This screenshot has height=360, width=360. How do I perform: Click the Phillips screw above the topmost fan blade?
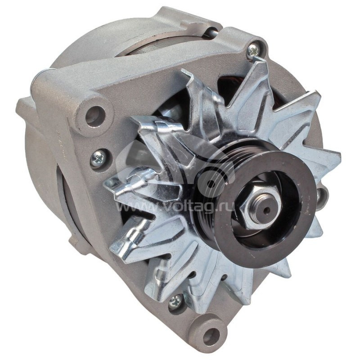253,50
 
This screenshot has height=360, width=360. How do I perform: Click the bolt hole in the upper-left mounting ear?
95,115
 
